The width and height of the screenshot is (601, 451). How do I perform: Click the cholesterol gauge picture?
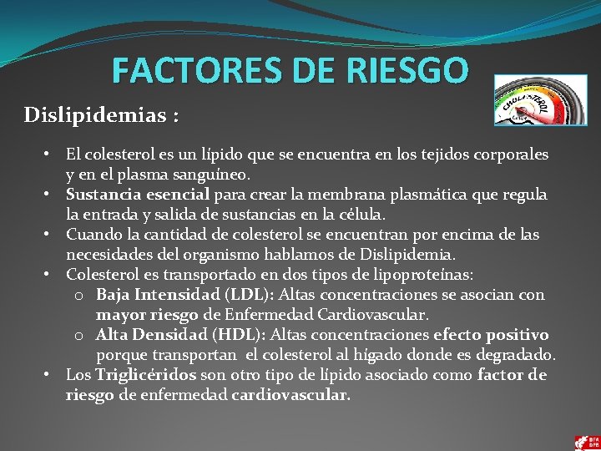click(x=540, y=100)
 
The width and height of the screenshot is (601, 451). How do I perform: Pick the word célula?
click(x=359, y=215)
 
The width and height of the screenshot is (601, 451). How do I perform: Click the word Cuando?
click(x=91, y=235)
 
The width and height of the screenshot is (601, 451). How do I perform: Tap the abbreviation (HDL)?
click(x=240, y=335)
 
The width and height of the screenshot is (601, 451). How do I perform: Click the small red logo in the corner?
click(x=587, y=441)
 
